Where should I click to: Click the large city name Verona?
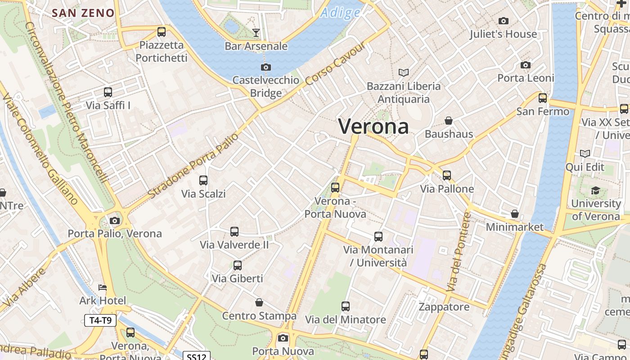373,126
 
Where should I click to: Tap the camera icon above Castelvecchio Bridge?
266,67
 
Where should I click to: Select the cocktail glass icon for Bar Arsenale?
256,32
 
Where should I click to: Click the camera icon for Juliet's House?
504,21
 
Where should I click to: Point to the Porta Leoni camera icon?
525,65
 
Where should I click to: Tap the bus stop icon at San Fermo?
543,98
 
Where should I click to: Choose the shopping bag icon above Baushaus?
449,121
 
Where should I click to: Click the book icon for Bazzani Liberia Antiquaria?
404,72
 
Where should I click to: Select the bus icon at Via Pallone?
447,175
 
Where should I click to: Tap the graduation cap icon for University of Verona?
596,190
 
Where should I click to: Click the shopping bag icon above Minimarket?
515,214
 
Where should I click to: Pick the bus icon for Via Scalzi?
203,180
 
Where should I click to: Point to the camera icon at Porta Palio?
115,220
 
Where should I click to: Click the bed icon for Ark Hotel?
103,287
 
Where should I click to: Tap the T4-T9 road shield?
100,320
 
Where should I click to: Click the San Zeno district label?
83,13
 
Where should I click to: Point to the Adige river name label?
340,13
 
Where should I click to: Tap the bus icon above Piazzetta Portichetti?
162,32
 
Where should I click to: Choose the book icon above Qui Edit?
585,154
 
